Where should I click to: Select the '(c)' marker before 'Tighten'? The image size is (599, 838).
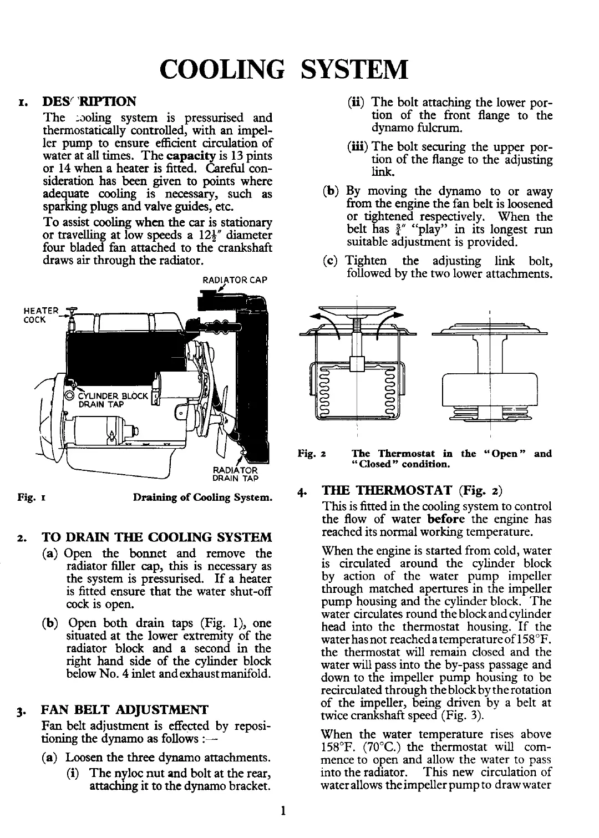pyautogui.click(x=330, y=261)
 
